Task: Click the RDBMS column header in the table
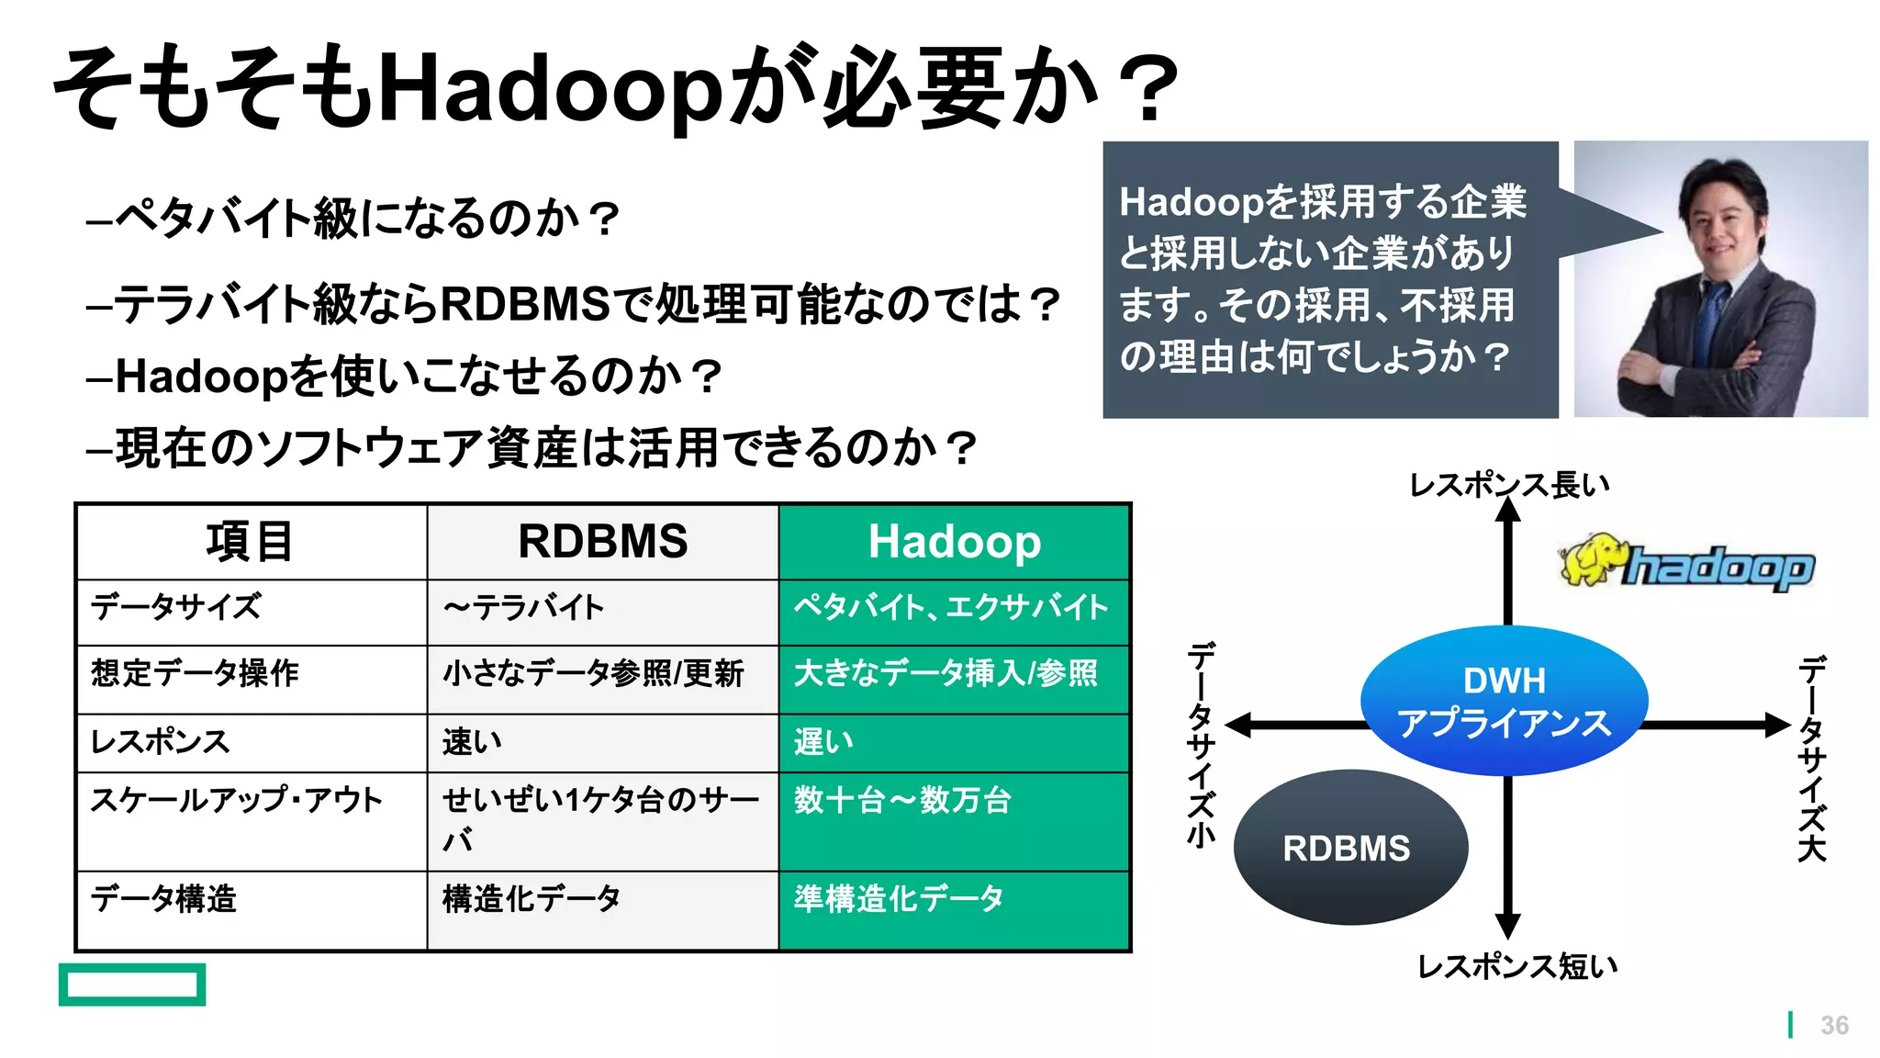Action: pyautogui.click(x=602, y=541)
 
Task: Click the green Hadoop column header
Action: pyautogui.click(x=954, y=541)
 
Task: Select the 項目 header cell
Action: pyautogui.click(x=250, y=541)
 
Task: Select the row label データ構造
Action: pyautogui.click(x=163, y=898)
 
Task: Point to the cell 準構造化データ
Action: pyautogui.click(x=899, y=898)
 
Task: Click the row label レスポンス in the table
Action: pyautogui.click(x=160, y=742)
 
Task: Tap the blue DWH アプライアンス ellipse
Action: pyautogui.click(x=1504, y=701)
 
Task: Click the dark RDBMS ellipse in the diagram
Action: pyautogui.click(x=1349, y=847)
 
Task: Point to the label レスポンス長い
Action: pyautogui.click(x=1509, y=484)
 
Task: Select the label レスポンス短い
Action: pyautogui.click(x=1516, y=966)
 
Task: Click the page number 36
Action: pyautogui.click(x=1834, y=1025)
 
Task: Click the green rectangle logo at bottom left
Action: pyautogui.click(x=132, y=985)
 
